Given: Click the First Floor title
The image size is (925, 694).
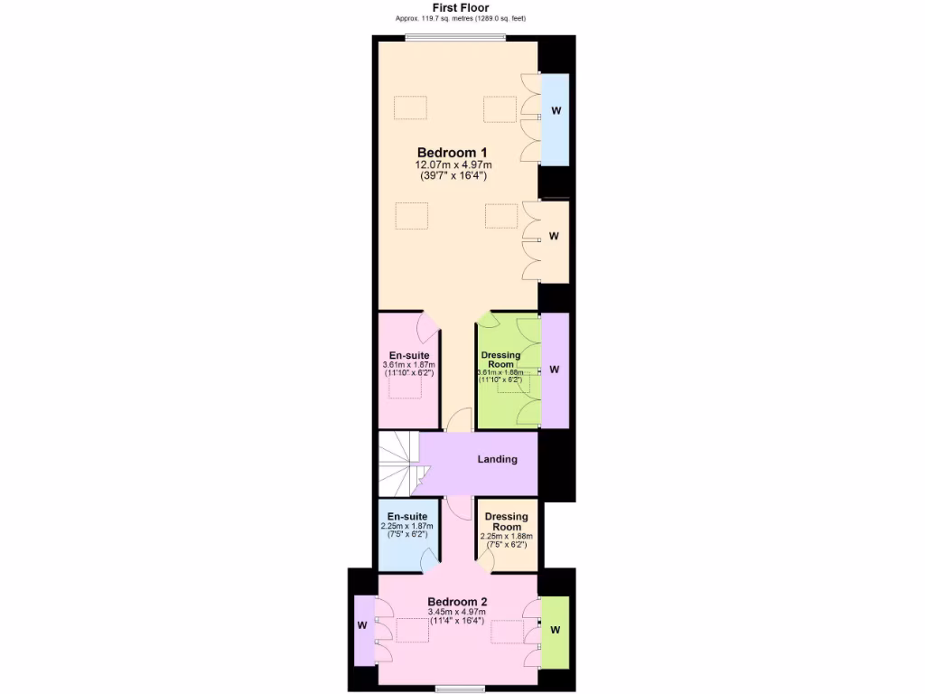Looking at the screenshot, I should point(462,7).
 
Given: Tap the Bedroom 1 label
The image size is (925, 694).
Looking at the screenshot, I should point(453,152).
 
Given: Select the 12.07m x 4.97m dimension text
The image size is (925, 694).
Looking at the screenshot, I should point(453,164).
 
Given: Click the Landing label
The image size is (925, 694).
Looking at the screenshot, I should point(497,459).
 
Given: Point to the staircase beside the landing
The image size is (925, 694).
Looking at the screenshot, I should point(400,463).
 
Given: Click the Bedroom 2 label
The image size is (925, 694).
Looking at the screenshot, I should point(457,602).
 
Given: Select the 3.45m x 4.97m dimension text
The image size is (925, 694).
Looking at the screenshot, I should point(456,614).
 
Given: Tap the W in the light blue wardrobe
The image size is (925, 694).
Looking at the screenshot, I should point(556,111).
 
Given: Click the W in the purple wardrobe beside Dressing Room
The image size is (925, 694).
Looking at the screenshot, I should point(555,370).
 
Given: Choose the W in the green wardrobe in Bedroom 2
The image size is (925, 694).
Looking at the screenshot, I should point(555,630).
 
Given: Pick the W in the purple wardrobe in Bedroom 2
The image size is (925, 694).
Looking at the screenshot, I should point(361,624).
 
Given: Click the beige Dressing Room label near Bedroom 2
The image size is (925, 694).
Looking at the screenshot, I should point(507,521).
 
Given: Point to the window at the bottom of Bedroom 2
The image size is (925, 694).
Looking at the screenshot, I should point(461,689).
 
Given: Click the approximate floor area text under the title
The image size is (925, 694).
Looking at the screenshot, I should point(461,19).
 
